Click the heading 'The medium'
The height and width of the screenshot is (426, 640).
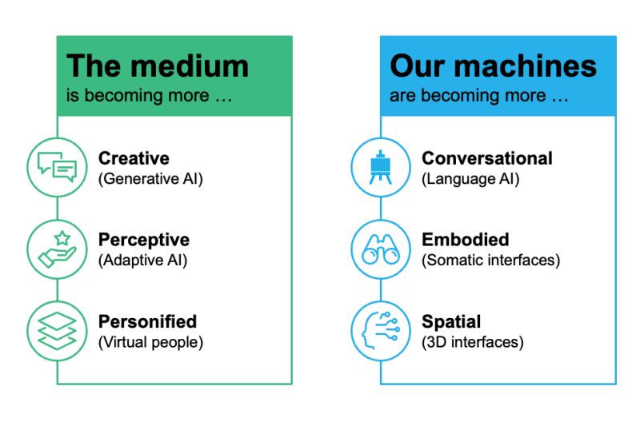pos(158,66)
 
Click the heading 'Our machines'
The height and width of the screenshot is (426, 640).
pos(493,66)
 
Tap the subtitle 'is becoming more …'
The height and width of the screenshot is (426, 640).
pos(149,96)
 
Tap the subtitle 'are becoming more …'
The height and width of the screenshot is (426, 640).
pos(478,96)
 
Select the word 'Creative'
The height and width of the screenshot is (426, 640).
pos(134,158)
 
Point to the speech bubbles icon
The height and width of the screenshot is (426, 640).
pos(57,167)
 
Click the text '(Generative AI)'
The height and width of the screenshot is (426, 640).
pos(150,179)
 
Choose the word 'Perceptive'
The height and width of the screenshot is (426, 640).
pos(144,240)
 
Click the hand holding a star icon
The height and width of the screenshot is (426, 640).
pos(57,249)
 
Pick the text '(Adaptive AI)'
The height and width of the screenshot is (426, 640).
pos(143,260)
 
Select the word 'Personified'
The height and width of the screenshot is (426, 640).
pos(147,321)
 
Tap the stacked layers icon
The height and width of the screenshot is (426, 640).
pos(57,331)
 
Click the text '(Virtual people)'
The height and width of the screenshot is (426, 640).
pos(150,342)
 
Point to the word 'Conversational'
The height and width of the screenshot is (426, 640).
pos(487,158)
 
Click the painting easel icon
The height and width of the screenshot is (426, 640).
pos(381,167)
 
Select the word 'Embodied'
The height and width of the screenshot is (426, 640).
pos(466,240)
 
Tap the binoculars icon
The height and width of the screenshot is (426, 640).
pos(381,249)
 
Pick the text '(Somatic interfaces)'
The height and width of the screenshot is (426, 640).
pos(490,260)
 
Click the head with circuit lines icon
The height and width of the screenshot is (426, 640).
pos(381,331)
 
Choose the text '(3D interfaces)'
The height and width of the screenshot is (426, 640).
pos(472,342)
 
